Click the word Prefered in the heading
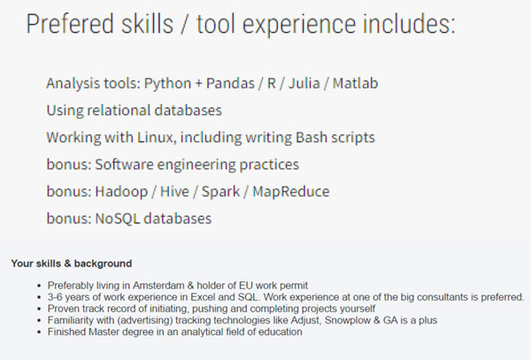69,24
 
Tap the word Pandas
230,83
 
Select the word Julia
304,83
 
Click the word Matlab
355,83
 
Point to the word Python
167,83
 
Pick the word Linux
156,137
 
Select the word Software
124,165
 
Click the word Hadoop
121,192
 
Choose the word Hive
174,192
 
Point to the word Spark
220,192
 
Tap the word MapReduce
291,192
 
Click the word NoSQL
117,218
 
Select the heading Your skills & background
72,264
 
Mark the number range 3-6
55,297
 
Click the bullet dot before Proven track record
40,309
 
